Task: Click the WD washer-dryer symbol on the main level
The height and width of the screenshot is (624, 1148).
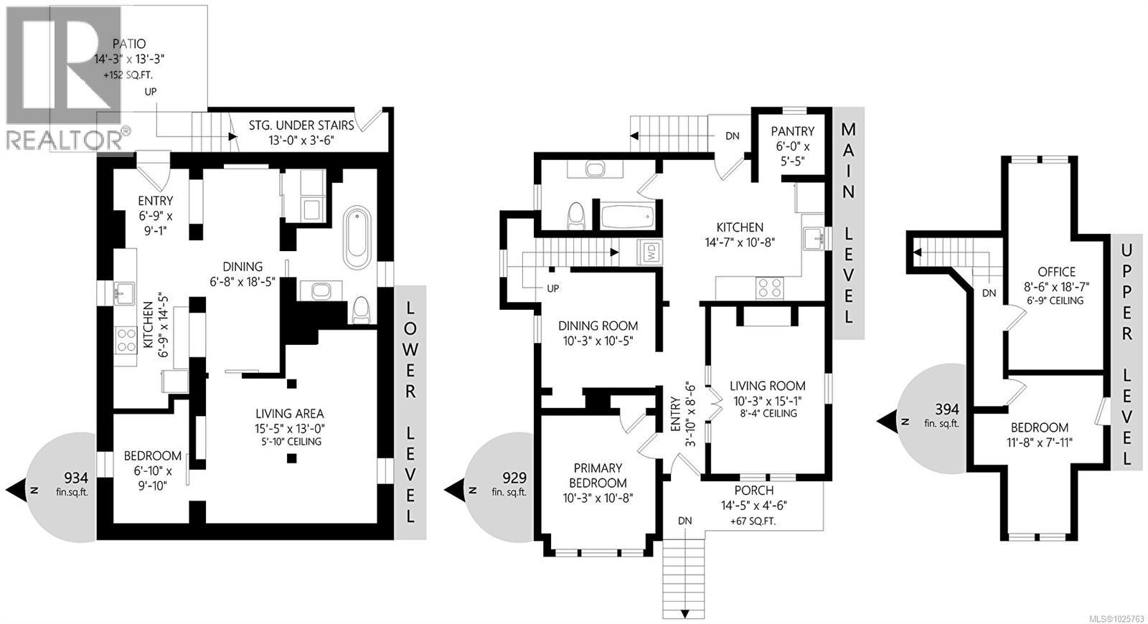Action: tap(651, 252)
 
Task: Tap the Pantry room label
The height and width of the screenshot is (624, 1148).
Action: tap(792, 131)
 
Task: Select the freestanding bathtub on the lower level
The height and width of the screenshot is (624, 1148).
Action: tap(357, 238)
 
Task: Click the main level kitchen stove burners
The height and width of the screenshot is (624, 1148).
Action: tap(771, 288)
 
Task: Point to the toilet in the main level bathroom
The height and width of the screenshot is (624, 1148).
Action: tap(575, 215)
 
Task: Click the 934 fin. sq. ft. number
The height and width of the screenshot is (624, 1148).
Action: tap(76, 478)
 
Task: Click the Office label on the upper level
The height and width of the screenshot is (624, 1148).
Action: tap(1056, 272)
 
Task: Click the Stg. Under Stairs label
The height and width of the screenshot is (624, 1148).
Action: tap(301, 126)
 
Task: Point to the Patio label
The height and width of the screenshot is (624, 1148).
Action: tap(130, 44)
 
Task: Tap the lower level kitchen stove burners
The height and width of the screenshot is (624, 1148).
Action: tap(126, 339)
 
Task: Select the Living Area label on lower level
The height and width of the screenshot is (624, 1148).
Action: tap(290, 414)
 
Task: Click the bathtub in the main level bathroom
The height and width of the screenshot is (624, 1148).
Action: tap(627, 216)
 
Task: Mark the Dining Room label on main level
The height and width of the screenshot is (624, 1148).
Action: tap(598, 326)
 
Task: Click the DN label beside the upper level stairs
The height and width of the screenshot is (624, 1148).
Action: tap(989, 293)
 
